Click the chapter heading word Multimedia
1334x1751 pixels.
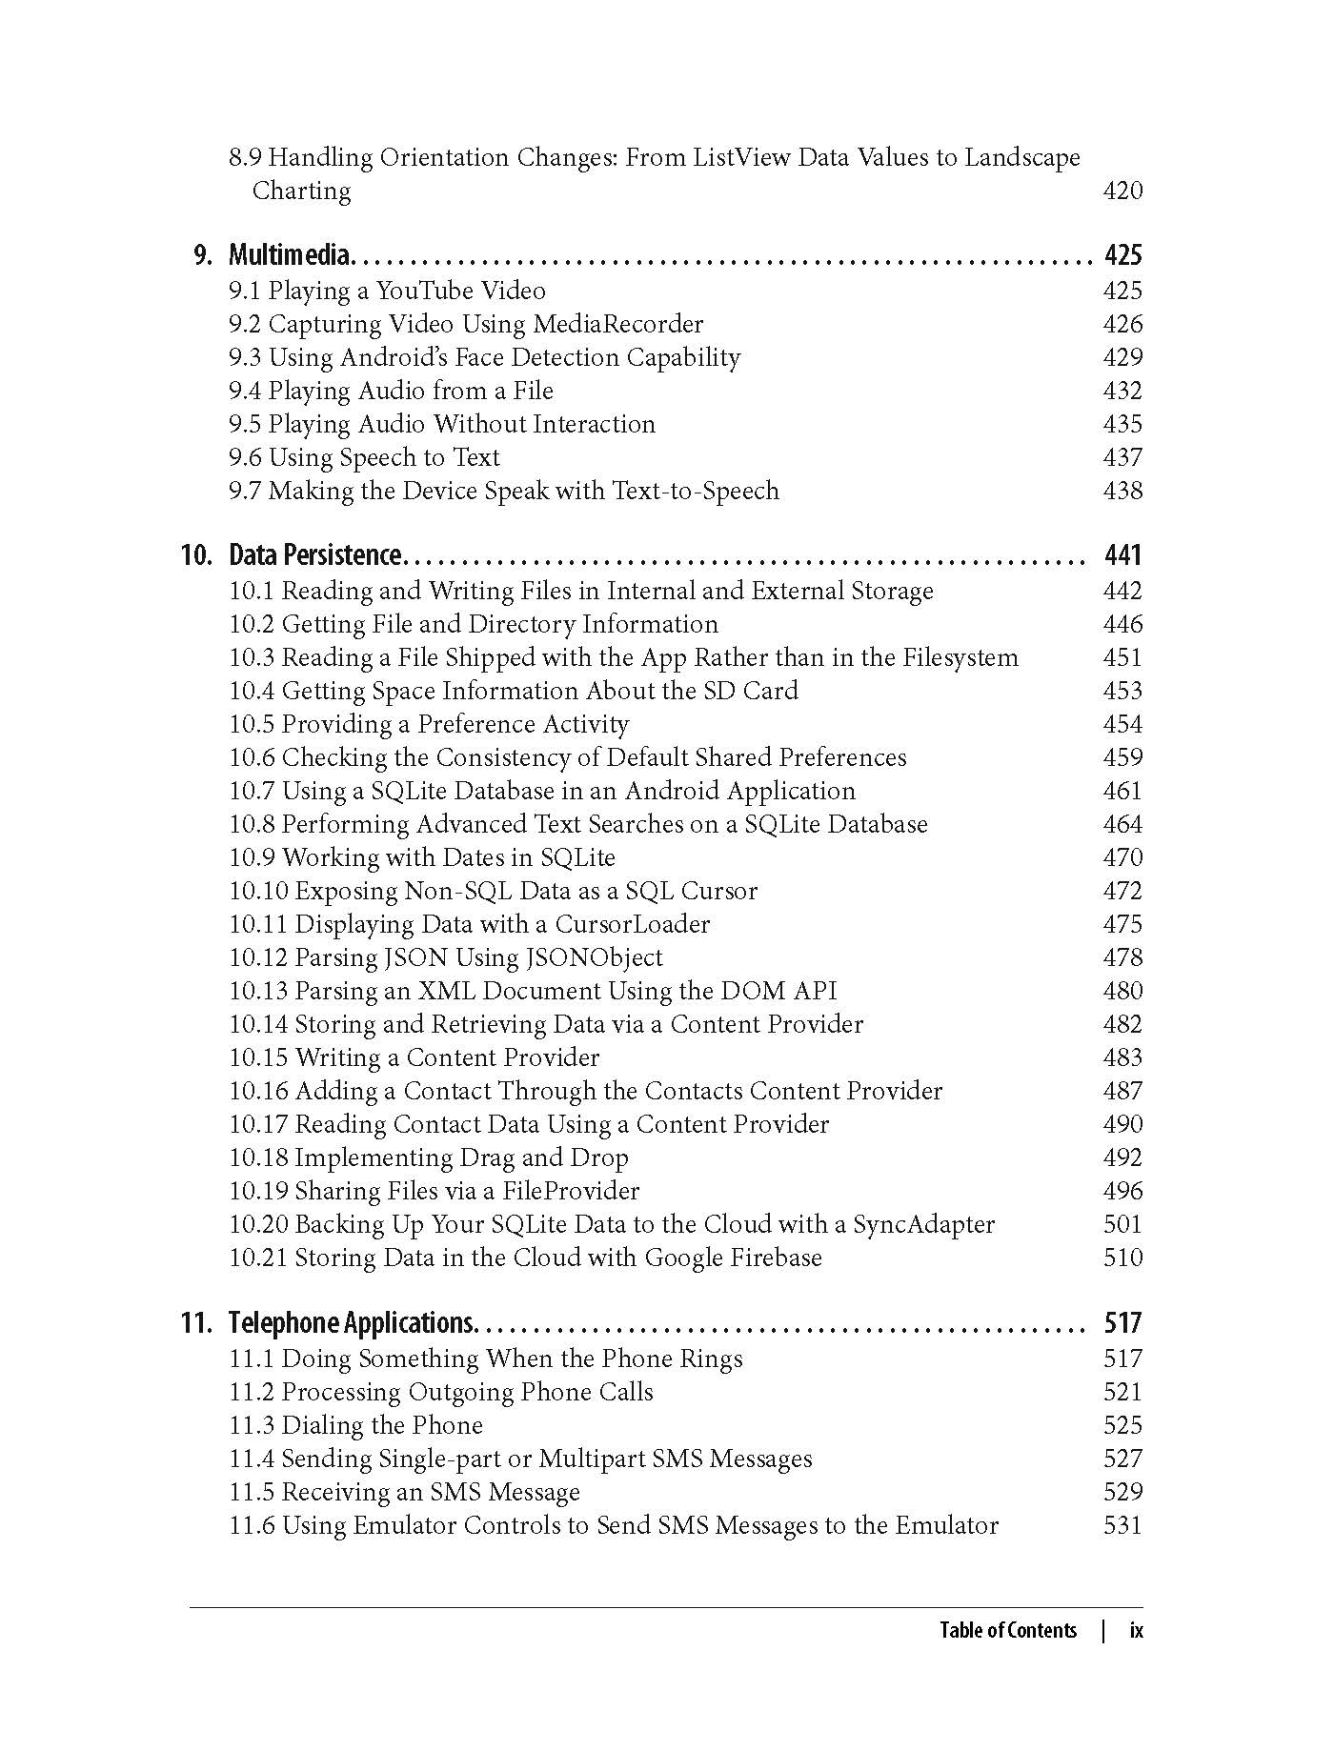pos(290,255)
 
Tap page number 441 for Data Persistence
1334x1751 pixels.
pos(1122,555)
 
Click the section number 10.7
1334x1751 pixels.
pos(252,791)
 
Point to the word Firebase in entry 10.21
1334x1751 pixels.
pos(776,1258)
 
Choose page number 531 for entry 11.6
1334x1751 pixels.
pos(1122,1525)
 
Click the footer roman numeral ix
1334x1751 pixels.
pos(1136,1630)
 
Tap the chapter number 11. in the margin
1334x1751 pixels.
pos(196,1323)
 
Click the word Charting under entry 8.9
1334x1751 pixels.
pos(301,191)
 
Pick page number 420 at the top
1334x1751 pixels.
pos(1122,191)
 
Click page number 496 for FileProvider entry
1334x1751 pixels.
pos(1122,1191)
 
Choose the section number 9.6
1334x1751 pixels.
pos(245,457)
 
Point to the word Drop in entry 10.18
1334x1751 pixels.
pos(599,1157)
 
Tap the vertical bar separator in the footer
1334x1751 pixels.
pos(1103,1630)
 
